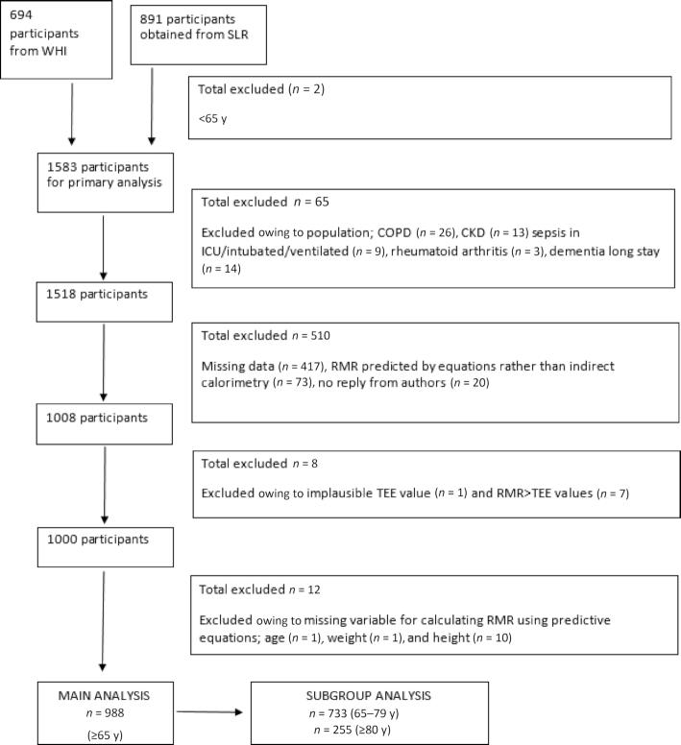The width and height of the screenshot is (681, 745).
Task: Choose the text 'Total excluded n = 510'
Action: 263,337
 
